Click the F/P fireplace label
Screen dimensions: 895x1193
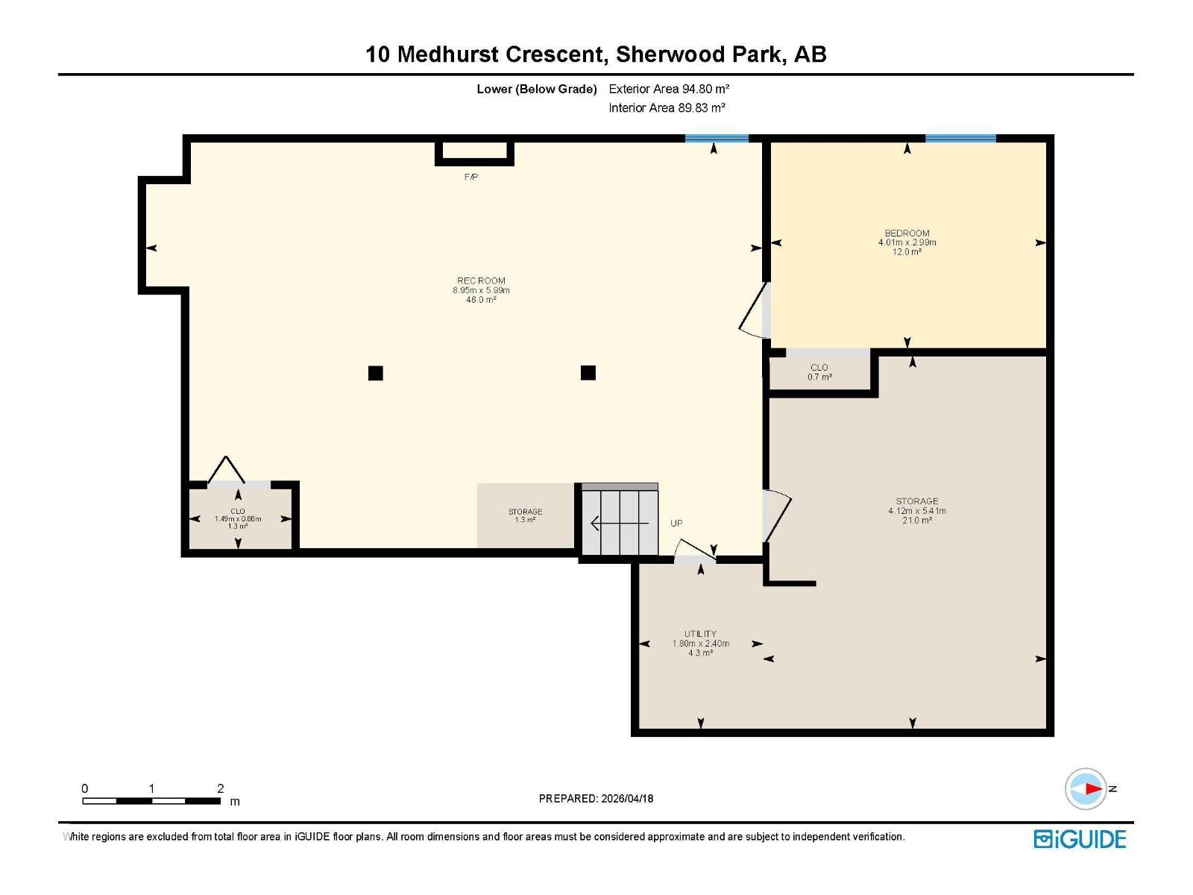471,177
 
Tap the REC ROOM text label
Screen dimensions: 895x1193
481,281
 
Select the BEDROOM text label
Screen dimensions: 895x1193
907,233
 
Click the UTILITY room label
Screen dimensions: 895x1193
700,634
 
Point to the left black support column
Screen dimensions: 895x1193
376,373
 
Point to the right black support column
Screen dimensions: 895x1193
588,372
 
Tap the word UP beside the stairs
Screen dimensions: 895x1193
676,523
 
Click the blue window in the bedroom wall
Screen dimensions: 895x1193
960,139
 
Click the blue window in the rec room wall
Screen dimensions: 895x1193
717,139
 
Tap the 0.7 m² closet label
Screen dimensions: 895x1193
819,372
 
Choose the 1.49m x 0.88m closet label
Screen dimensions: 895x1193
238,518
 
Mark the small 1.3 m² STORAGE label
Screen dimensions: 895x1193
525,515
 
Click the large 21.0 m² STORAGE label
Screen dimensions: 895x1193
917,510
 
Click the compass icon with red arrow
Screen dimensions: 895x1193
1086,788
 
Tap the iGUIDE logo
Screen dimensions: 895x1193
1080,839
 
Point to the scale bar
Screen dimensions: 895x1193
151,801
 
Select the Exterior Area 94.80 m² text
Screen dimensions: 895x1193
669,89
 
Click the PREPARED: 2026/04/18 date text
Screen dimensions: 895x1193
596,798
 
